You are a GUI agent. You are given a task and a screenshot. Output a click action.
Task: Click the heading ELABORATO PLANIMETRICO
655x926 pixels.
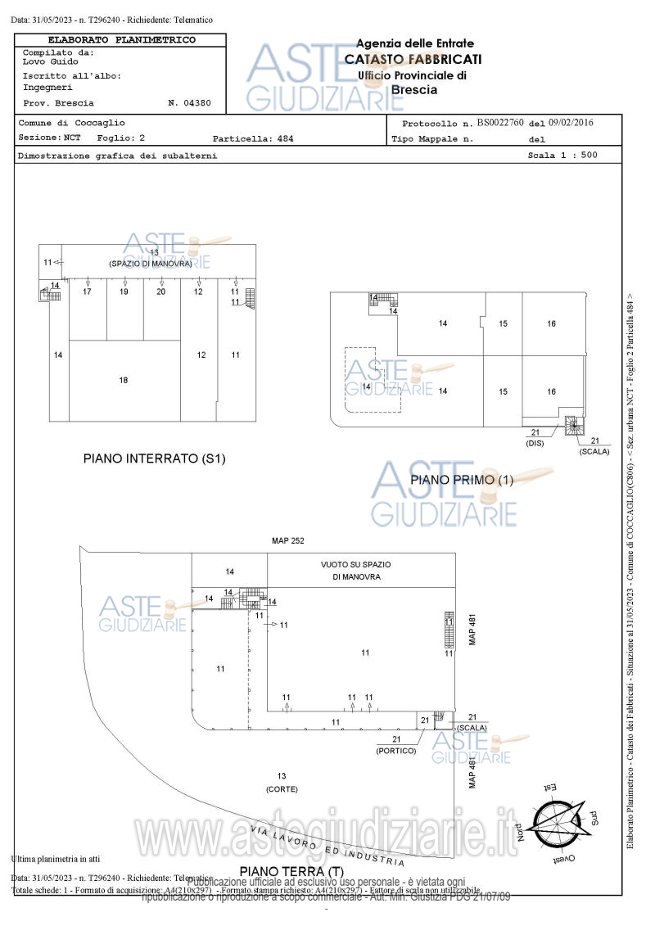click(121, 39)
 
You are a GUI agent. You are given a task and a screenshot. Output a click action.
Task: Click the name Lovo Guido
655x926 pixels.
click(51, 61)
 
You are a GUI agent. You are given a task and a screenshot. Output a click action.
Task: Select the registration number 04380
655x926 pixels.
click(196, 103)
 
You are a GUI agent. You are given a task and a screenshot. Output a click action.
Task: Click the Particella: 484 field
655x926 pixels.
click(252, 138)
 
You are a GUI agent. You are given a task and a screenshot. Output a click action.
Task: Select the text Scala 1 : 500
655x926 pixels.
click(562, 155)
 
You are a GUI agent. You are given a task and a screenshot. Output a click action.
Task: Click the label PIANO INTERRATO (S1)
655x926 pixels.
click(154, 458)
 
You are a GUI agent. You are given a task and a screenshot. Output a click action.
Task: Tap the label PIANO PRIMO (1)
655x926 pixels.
click(462, 480)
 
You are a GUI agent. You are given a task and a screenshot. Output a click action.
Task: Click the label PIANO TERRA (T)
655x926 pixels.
click(291, 870)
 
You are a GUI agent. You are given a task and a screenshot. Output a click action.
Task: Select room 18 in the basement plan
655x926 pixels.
click(124, 380)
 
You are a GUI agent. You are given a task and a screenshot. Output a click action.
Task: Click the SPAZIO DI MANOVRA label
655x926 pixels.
click(151, 264)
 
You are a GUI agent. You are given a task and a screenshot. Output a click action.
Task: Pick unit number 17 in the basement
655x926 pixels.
click(87, 291)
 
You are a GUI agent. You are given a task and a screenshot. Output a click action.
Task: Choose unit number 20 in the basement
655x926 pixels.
click(161, 291)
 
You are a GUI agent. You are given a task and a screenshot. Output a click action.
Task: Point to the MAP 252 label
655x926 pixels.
click(287, 541)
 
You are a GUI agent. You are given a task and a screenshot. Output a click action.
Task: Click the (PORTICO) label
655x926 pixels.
click(396, 750)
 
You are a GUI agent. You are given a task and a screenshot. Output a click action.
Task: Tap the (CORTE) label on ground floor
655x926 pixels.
click(282, 788)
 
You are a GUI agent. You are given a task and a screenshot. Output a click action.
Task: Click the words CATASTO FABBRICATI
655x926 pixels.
click(413, 59)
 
